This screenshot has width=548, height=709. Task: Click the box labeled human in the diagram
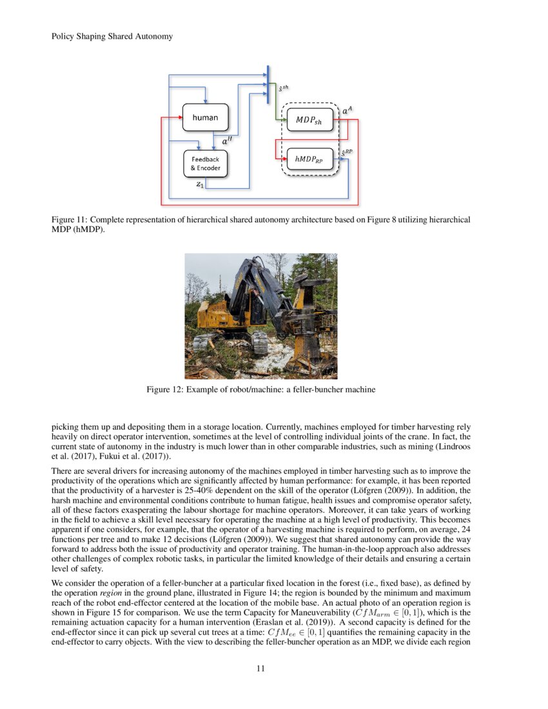(205, 117)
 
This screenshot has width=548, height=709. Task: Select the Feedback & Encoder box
(205, 163)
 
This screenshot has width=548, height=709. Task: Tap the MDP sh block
(308, 119)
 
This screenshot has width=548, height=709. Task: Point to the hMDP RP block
(308, 157)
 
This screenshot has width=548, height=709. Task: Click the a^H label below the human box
(228, 139)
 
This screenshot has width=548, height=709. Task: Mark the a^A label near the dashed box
(347, 111)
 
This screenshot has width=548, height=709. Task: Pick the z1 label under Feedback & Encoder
(200, 184)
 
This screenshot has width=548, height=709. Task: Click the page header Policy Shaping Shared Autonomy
(112, 36)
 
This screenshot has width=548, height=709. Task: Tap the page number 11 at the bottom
(261, 668)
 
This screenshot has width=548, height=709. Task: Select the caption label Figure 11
(70, 220)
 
